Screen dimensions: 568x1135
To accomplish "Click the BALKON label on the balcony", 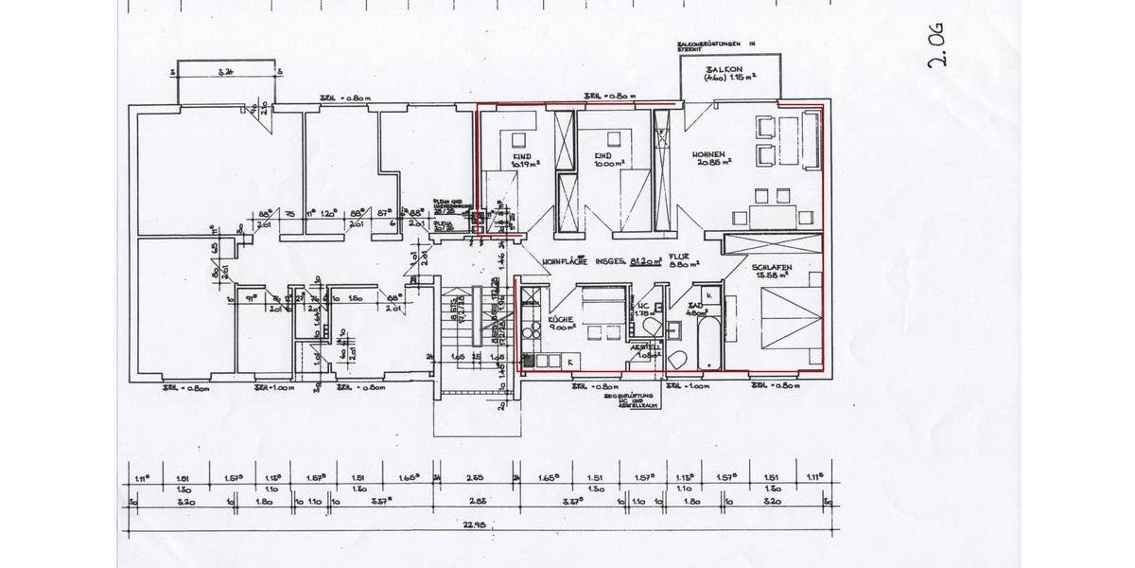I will (725, 72).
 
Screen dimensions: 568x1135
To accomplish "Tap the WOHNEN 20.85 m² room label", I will (708, 158).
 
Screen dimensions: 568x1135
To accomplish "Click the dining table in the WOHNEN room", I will (772, 217).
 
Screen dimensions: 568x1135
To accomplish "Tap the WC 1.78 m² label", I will (642, 310).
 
